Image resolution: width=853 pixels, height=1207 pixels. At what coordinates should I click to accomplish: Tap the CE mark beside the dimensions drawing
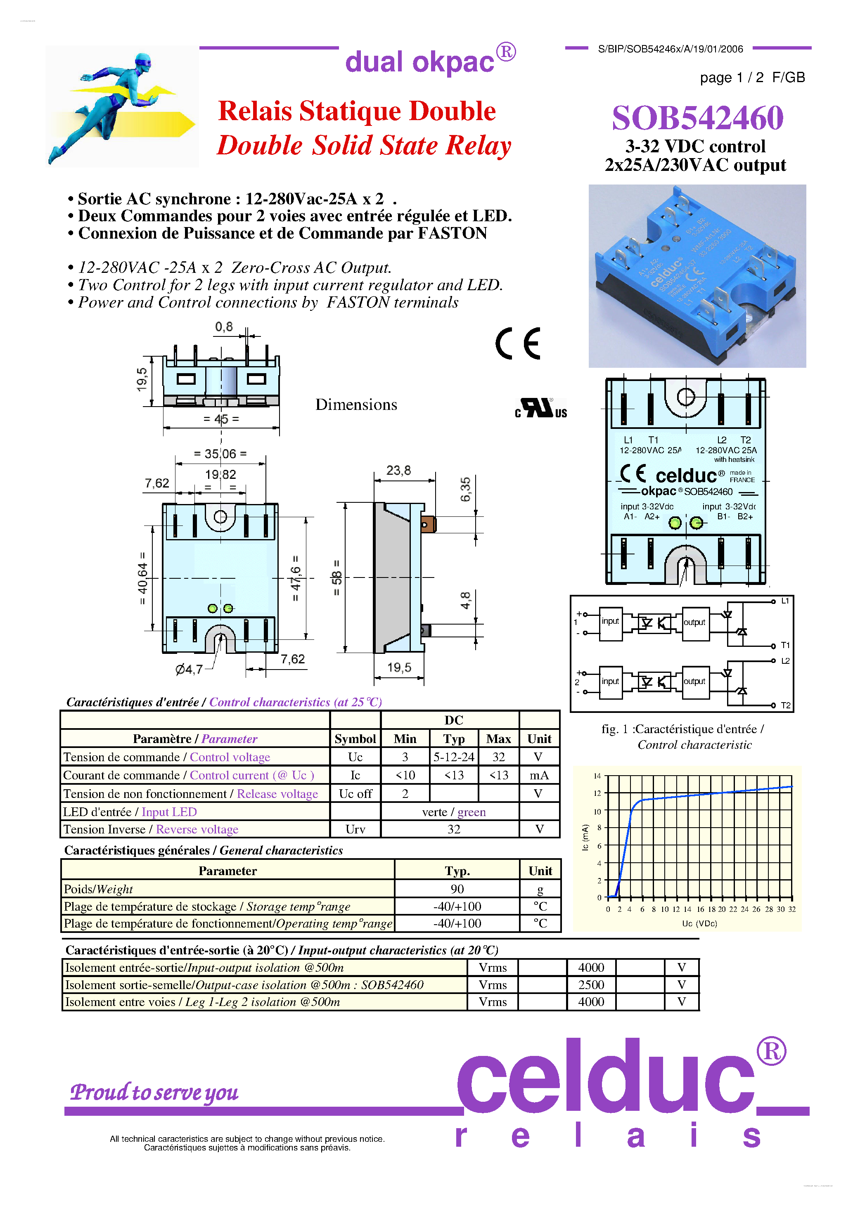[518, 344]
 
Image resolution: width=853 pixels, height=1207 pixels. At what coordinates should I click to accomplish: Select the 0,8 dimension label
[223, 327]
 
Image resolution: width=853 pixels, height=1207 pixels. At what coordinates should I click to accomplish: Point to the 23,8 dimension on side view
[398, 470]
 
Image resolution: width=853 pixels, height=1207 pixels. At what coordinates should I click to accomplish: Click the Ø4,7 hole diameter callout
[189, 669]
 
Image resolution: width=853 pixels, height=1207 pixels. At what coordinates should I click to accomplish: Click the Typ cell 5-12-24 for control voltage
[453, 757]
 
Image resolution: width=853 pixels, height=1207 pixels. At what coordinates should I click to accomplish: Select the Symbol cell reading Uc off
[355, 794]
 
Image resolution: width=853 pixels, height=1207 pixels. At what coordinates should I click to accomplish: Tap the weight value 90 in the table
[457, 889]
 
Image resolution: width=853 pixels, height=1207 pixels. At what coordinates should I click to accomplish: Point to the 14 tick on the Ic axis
[597, 776]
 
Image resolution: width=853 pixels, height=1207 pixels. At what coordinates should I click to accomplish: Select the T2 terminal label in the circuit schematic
[785, 705]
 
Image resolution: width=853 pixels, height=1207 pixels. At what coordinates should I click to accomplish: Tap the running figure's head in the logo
[142, 62]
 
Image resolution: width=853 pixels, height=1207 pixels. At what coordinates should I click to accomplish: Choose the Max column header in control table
[498, 738]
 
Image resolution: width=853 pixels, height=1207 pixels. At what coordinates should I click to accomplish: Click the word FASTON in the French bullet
[452, 233]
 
